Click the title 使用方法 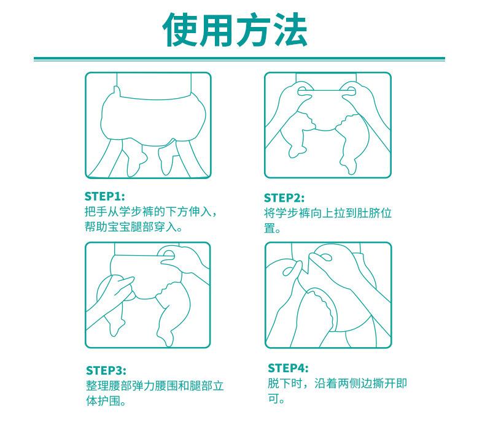[x=235, y=30]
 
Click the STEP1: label [x=104, y=197]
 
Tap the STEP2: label [x=284, y=198]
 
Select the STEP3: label [x=106, y=370]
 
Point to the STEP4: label [x=288, y=368]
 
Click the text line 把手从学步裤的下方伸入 [x=147, y=212]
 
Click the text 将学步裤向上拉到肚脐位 [x=328, y=213]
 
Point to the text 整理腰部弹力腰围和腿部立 [x=155, y=386]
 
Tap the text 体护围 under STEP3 [x=103, y=401]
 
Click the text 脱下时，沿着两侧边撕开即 [x=338, y=383]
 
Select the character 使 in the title [x=180, y=30]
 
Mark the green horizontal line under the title [x=239, y=59]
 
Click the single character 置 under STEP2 [x=270, y=228]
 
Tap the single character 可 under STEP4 [x=273, y=399]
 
